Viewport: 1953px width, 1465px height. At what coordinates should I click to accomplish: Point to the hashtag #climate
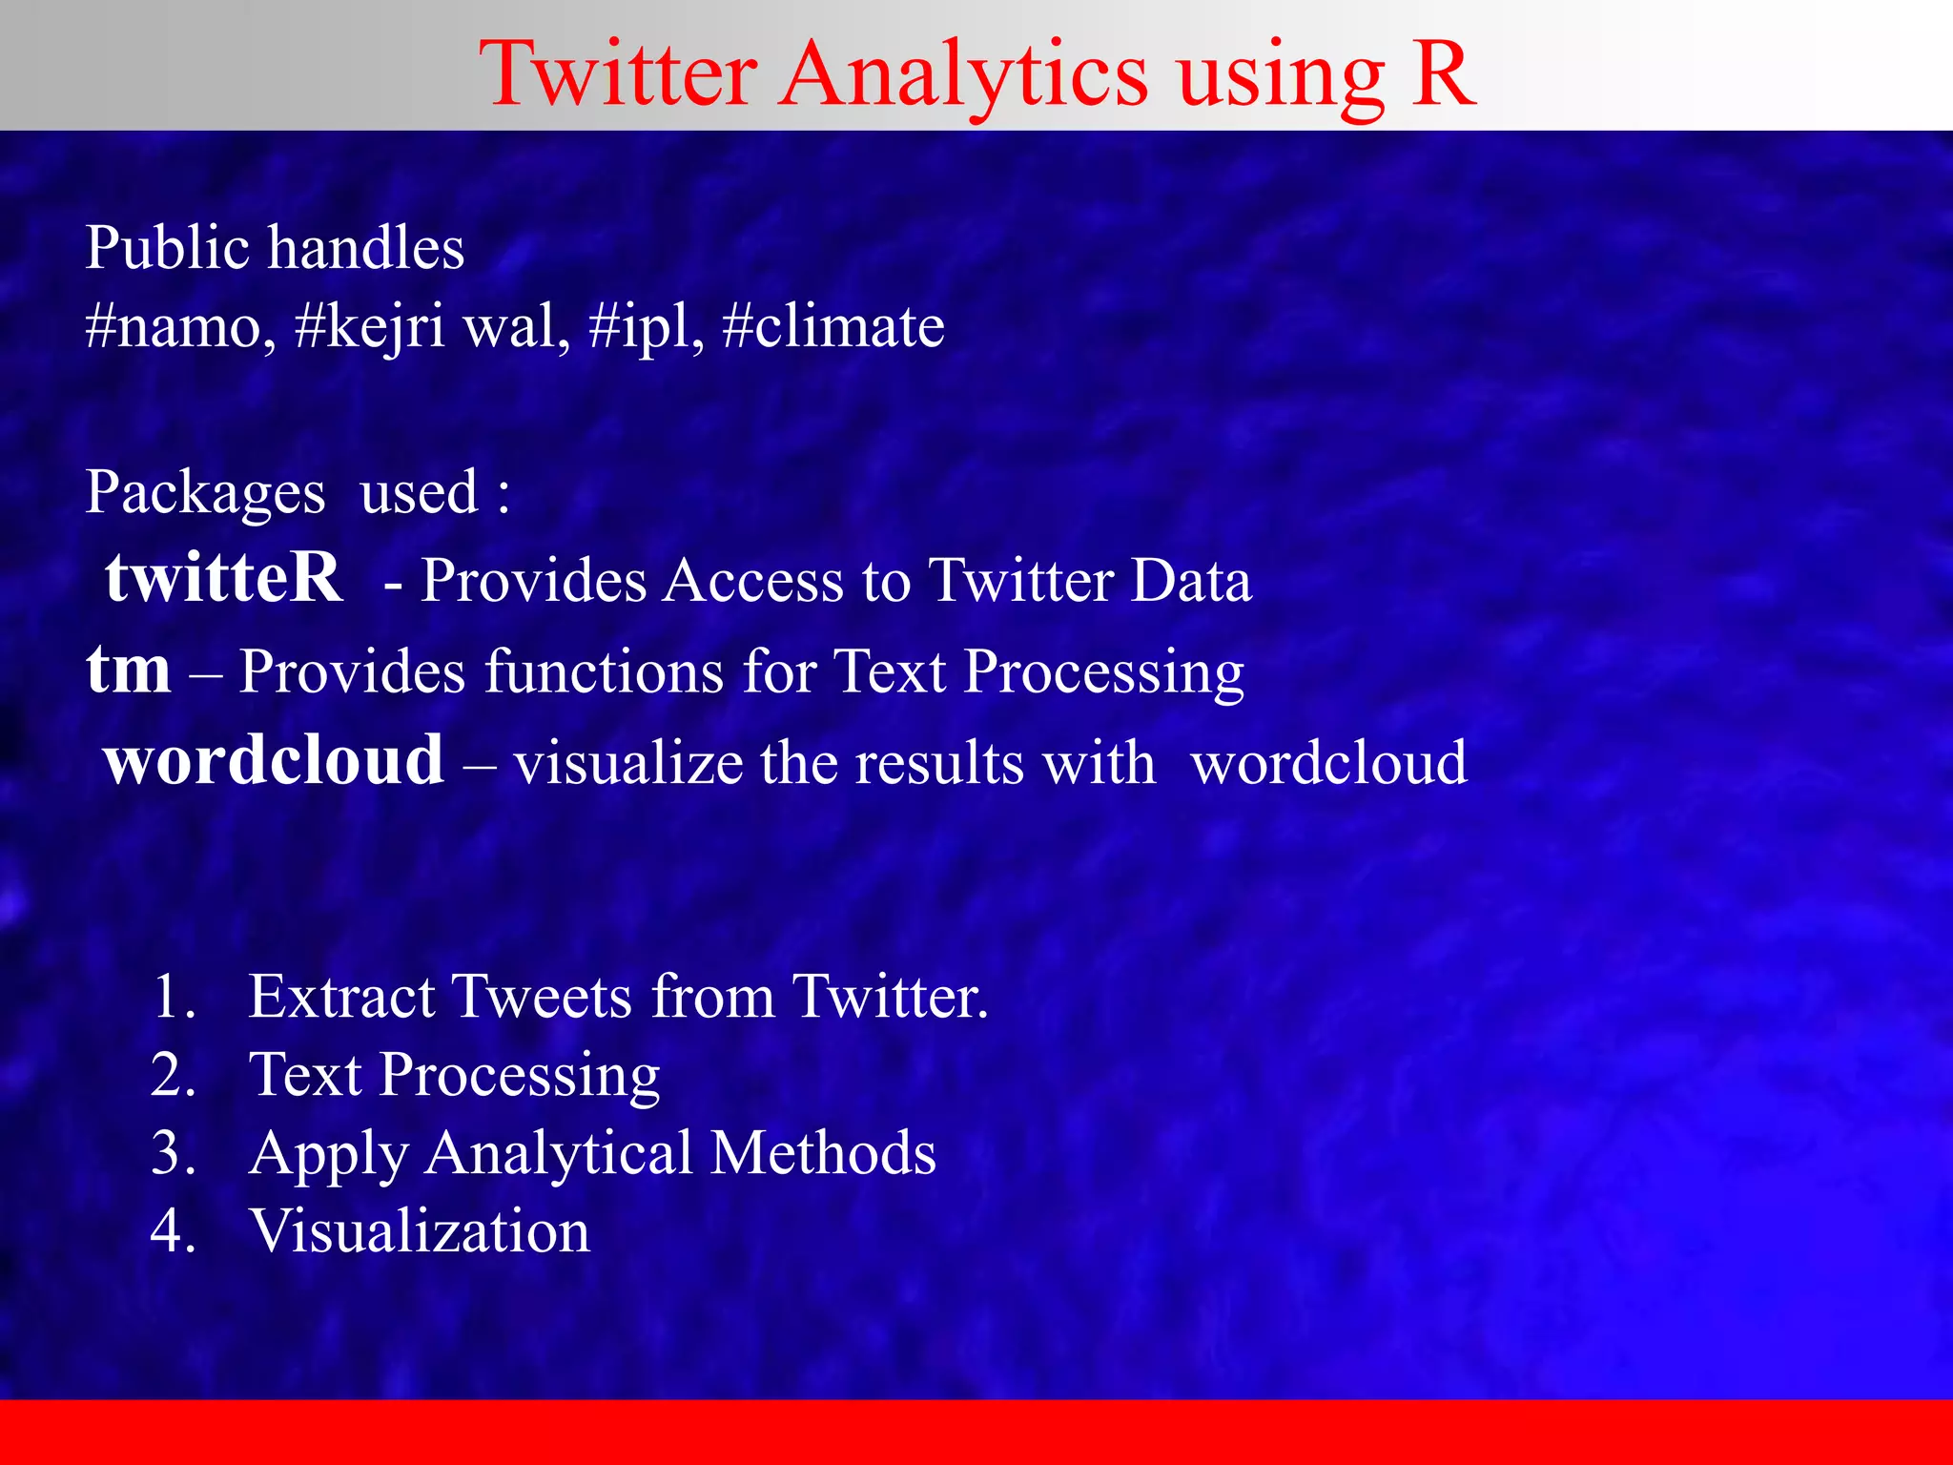pyautogui.click(x=833, y=327)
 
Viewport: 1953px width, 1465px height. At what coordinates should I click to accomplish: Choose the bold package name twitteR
pyautogui.click(x=224, y=578)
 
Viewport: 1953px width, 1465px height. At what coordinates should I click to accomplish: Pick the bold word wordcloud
pyautogui.click(x=274, y=761)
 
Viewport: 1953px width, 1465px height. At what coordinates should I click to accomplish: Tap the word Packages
pyautogui.click(x=205, y=494)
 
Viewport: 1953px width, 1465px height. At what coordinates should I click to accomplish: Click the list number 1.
pyautogui.click(x=174, y=997)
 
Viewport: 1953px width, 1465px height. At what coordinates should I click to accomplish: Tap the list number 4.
pyautogui.click(x=174, y=1230)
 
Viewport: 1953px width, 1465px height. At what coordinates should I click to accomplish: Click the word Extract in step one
pyautogui.click(x=344, y=997)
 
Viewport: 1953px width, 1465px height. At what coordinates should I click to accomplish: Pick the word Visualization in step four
pyautogui.click(x=420, y=1230)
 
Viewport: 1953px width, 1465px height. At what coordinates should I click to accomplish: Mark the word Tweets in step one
pyautogui.click(x=541, y=997)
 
